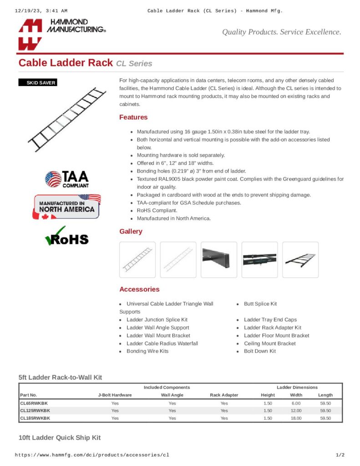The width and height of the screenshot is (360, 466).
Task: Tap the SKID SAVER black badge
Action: coord(37,83)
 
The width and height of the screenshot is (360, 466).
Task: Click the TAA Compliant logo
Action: coord(67,179)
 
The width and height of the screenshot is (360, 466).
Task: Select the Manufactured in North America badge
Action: coord(66,207)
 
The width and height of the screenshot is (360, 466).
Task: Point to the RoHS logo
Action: coord(66,237)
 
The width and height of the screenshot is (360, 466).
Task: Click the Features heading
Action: coord(133,117)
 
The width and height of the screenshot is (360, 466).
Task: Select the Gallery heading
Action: coord(131,232)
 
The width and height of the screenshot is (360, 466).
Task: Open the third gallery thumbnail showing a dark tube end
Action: coord(219,259)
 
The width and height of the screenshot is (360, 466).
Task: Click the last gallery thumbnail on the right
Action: coord(300,259)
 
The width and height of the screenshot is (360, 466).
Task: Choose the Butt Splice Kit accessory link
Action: coord(260,304)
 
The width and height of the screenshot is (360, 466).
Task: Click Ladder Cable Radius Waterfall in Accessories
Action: coord(162,343)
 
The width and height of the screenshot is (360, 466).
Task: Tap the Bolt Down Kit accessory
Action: coord(259,351)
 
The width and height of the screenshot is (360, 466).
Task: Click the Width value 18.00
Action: coord(296,418)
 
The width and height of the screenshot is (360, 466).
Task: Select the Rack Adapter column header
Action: coord(224,395)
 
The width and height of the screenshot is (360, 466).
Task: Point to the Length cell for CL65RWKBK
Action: coord(325,403)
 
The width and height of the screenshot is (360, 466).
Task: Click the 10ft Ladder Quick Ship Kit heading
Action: coord(60,438)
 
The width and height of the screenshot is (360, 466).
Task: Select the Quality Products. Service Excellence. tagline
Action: coord(281,32)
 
